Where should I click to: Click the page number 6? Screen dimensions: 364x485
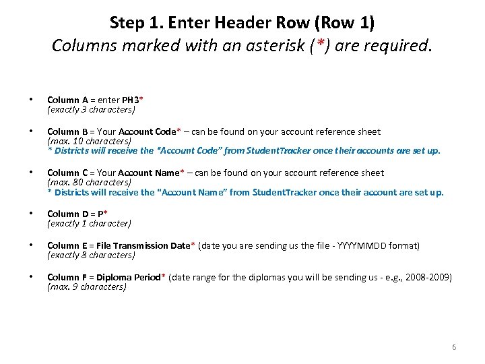coord(454,347)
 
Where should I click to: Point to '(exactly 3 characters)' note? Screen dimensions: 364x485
coord(91,109)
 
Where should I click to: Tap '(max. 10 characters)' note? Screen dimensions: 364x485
coord(89,142)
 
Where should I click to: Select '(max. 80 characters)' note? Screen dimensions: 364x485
coord(89,183)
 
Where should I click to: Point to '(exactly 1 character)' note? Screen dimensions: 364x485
coord(89,224)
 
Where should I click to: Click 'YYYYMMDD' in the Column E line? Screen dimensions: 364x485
coord(371,246)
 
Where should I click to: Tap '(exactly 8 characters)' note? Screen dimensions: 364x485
coord(91,255)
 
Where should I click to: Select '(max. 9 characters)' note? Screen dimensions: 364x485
coord(86,287)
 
